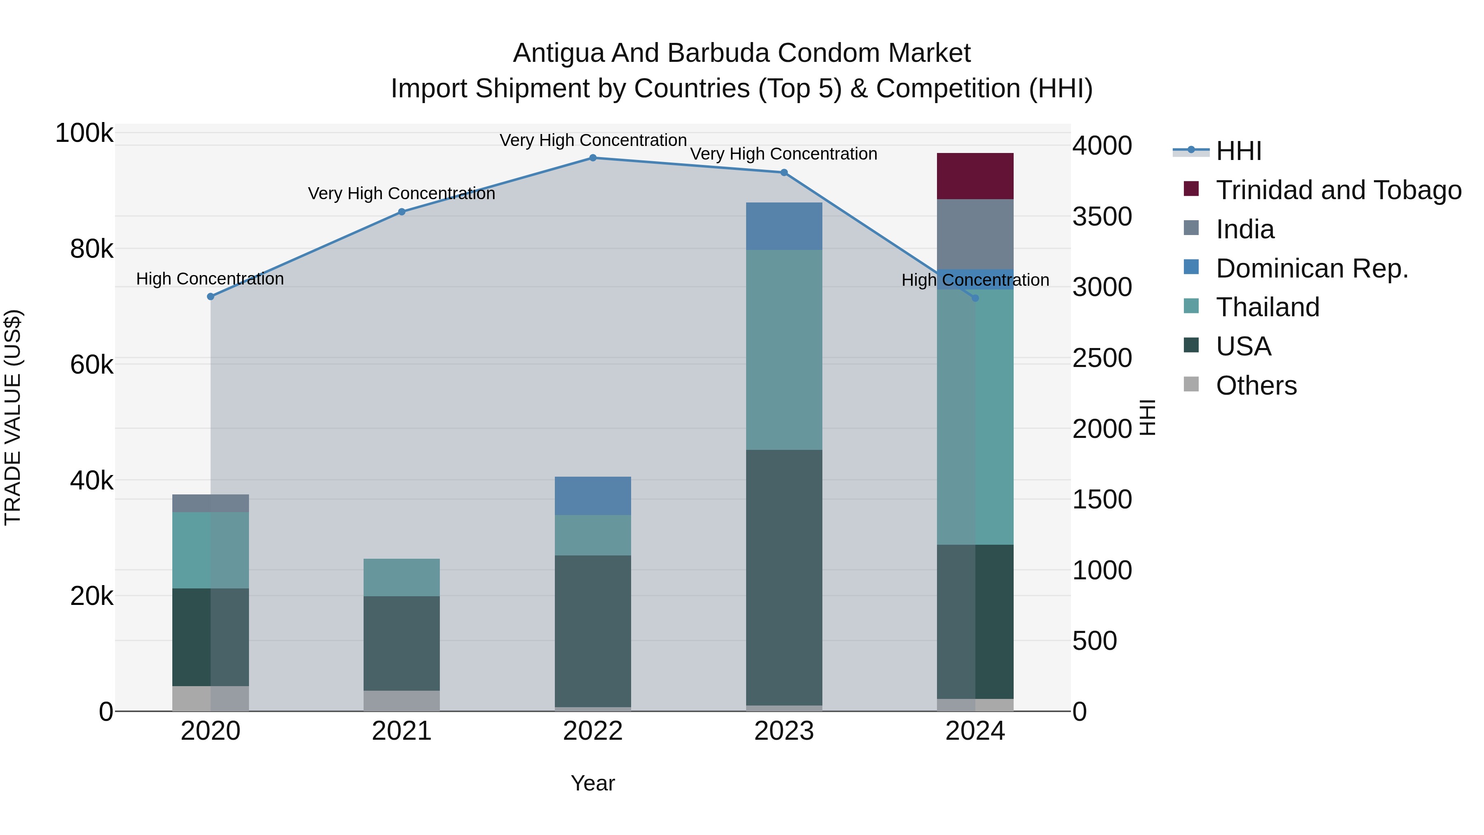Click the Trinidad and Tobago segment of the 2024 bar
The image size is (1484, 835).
(x=975, y=176)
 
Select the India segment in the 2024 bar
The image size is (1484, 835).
(x=975, y=233)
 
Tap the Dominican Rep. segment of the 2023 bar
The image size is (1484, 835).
(x=784, y=226)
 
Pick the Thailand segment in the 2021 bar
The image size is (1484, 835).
(x=402, y=577)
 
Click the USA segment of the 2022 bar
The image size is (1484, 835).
(x=593, y=630)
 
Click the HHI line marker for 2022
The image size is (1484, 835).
(x=593, y=158)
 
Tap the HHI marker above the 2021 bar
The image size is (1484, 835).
(x=402, y=212)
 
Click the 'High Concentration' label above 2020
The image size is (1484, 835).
(x=210, y=279)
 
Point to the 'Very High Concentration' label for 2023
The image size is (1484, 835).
(x=784, y=154)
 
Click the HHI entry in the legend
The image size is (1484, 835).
(x=1239, y=151)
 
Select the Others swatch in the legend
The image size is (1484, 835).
(x=1191, y=384)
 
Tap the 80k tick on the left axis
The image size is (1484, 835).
(x=91, y=249)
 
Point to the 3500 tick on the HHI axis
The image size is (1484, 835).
(x=1101, y=216)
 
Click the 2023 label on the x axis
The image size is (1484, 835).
(x=784, y=731)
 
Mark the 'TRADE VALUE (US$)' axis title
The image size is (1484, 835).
(x=13, y=417)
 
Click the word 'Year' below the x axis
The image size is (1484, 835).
(x=593, y=783)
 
